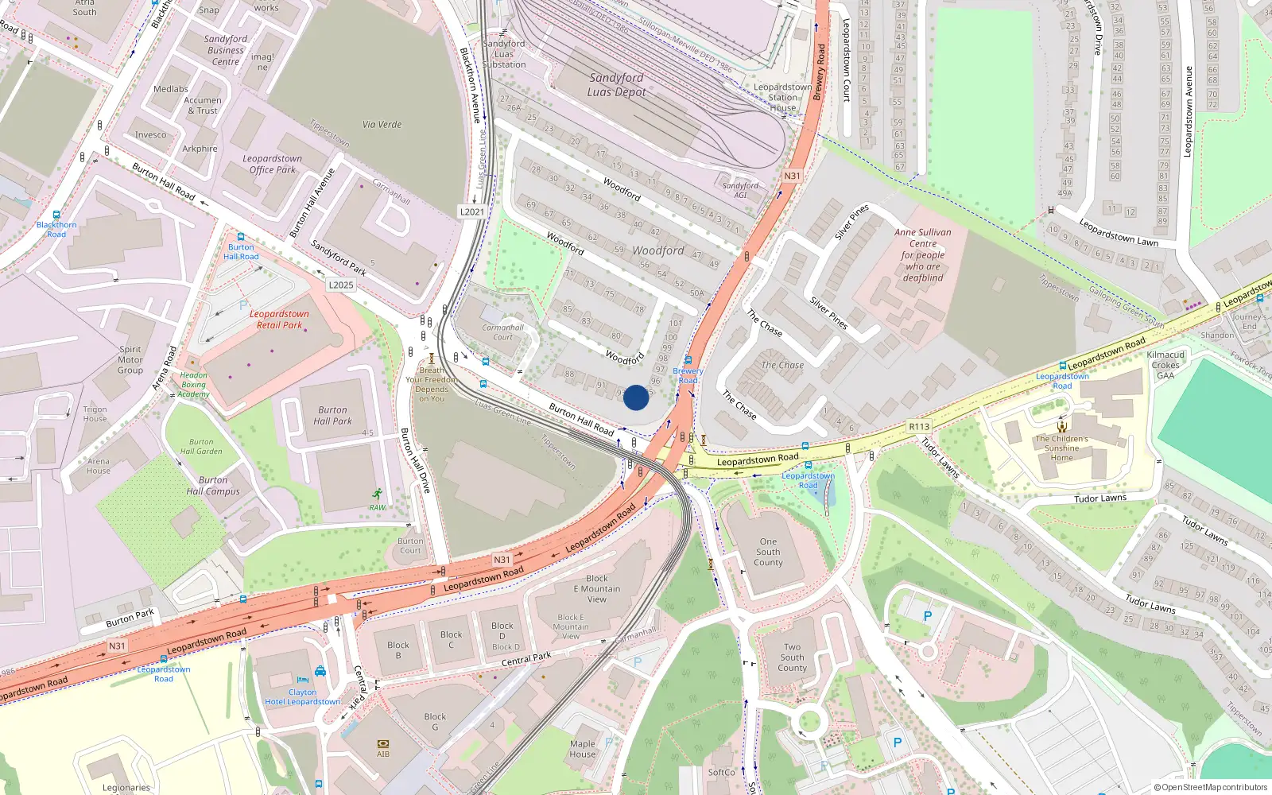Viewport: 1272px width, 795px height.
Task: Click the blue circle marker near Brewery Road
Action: (x=636, y=397)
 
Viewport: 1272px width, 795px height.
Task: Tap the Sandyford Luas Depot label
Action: (x=616, y=85)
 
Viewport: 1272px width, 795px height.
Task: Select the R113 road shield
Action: (x=919, y=427)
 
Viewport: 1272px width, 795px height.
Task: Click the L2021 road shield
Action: (x=471, y=212)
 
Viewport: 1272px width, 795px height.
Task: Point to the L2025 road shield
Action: (x=340, y=285)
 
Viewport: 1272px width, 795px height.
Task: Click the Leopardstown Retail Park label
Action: (x=279, y=320)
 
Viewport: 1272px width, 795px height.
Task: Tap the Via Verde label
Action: (x=382, y=125)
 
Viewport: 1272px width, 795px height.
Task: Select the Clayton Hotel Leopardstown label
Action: (x=302, y=697)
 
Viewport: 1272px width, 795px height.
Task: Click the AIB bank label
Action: (x=383, y=754)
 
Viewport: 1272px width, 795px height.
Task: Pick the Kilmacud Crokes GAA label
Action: (x=1165, y=365)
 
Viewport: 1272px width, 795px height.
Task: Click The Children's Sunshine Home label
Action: (x=1061, y=448)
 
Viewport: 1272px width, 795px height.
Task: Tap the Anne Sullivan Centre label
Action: (x=922, y=254)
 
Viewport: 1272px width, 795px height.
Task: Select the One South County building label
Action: (x=768, y=552)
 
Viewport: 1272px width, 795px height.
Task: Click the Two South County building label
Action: (x=792, y=657)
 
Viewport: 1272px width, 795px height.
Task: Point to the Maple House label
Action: (x=583, y=749)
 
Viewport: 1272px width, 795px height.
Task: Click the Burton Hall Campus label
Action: (x=213, y=486)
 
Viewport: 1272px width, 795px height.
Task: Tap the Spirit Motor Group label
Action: (x=130, y=359)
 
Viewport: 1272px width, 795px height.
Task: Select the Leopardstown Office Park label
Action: (x=272, y=164)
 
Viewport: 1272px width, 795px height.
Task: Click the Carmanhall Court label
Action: (x=502, y=332)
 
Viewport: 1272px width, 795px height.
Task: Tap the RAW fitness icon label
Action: (x=377, y=507)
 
